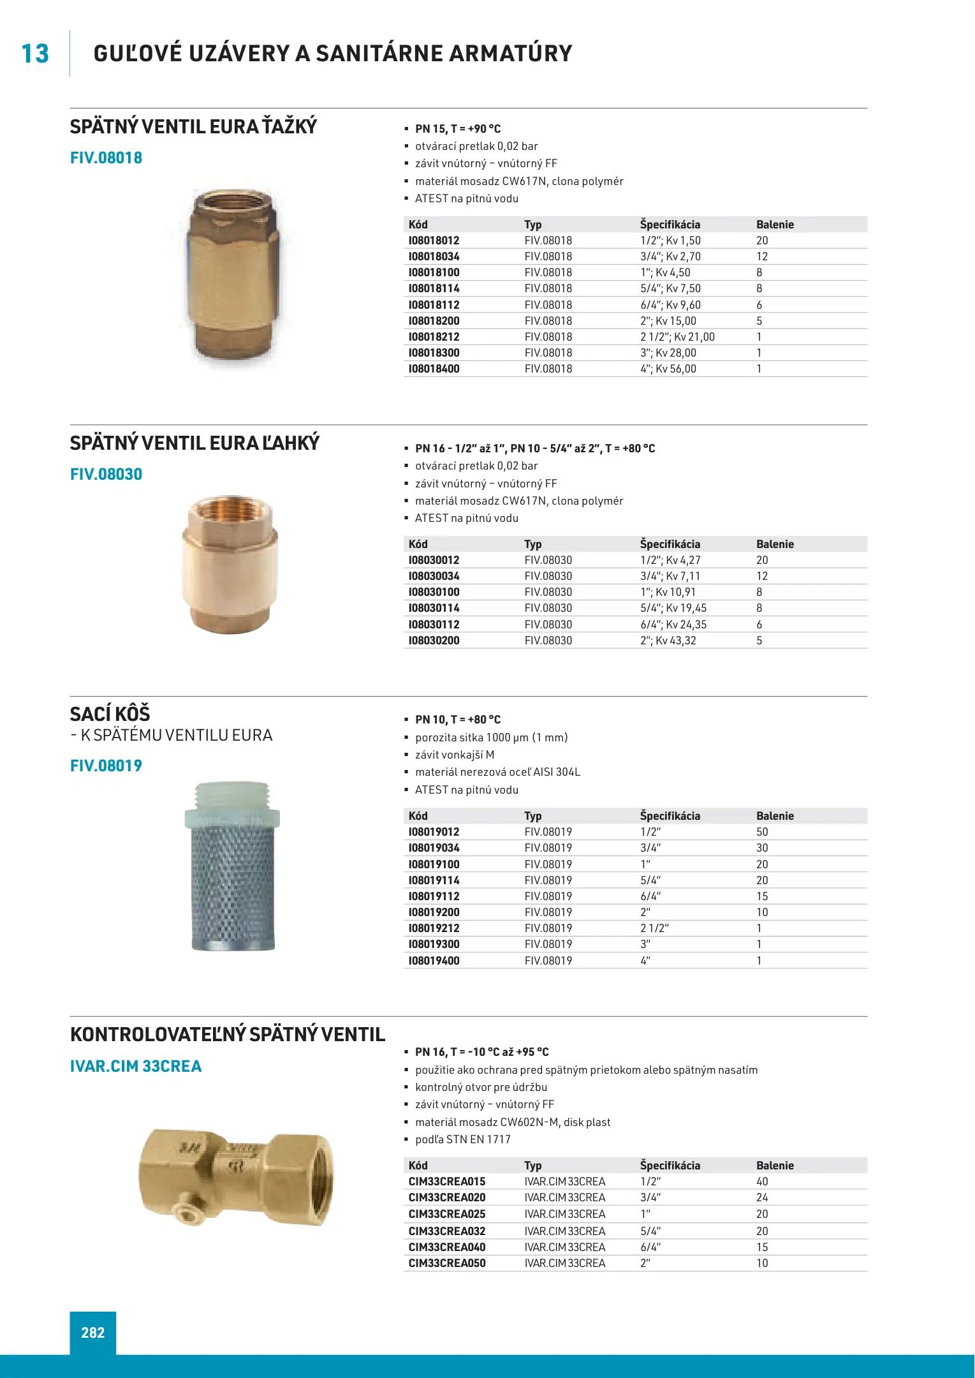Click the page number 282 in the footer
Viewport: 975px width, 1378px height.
(93, 1333)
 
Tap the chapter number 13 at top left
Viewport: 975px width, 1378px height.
(35, 54)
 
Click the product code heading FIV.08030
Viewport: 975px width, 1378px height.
(106, 475)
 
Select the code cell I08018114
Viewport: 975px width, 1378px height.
(434, 288)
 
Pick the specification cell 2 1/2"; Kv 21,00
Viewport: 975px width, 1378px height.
(677, 337)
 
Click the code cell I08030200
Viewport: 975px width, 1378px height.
(434, 641)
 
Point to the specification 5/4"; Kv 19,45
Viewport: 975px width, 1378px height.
(673, 608)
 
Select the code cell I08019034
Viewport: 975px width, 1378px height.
(434, 848)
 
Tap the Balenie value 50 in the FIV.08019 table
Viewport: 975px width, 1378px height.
(762, 832)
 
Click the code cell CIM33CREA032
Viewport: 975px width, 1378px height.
(447, 1231)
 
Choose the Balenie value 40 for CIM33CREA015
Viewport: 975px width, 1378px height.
(762, 1182)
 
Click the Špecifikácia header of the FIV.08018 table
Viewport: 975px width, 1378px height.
(670, 225)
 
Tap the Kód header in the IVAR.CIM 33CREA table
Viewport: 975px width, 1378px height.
(418, 1166)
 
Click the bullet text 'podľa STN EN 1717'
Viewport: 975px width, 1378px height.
(463, 1139)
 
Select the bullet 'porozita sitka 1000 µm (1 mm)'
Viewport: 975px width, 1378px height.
(491, 737)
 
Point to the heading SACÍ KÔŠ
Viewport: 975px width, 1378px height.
(110, 714)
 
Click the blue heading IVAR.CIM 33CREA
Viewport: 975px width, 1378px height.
(136, 1066)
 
